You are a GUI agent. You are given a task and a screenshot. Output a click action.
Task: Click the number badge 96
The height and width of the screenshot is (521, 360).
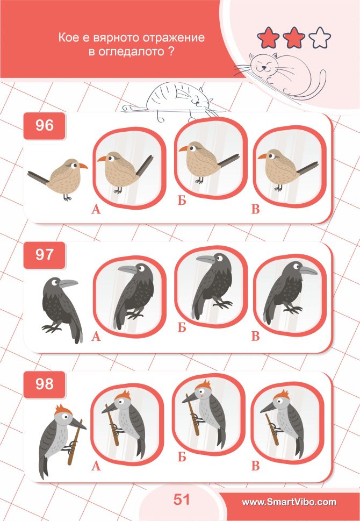(x=44, y=126)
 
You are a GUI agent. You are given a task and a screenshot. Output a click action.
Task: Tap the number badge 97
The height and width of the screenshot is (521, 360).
(x=44, y=255)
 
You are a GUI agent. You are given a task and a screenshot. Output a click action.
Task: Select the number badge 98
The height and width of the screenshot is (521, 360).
(x=44, y=384)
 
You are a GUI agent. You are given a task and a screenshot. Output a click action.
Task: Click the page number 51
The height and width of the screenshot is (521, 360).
(x=181, y=499)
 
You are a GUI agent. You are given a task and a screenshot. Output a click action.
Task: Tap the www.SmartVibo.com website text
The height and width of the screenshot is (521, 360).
(x=289, y=502)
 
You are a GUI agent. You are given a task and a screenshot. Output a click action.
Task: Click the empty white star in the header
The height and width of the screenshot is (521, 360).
(x=320, y=38)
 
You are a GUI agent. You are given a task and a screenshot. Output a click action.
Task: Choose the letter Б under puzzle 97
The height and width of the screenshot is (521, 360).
(x=182, y=327)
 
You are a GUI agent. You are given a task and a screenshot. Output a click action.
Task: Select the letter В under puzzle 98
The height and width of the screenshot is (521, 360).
(x=255, y=466)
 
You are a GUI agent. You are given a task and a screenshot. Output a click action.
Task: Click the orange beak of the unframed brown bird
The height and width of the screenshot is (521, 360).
(x=82, y=165)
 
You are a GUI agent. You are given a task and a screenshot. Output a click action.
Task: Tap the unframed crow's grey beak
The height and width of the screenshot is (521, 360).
(x=69, y=283)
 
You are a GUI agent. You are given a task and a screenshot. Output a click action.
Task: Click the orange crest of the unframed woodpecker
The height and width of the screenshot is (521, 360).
(x=63, y=410)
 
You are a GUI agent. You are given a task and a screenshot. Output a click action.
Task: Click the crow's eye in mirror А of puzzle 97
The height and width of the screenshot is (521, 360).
(x=141, y=269)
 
